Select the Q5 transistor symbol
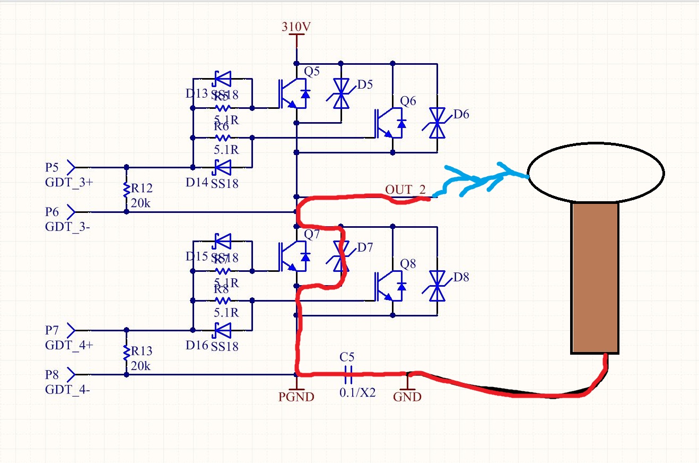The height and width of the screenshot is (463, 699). (292, 93)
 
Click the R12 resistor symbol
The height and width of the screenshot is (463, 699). (126, 190)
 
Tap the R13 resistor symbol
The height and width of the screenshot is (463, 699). (126, 352)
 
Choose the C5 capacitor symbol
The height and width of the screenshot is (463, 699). (348, 374)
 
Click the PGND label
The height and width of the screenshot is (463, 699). (296, 397)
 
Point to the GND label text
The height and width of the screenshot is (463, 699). (407, 397)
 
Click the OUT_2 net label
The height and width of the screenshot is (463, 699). (405, 190)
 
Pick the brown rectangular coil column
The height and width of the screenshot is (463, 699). (595, 278)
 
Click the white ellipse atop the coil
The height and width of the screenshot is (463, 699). (596, 172)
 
